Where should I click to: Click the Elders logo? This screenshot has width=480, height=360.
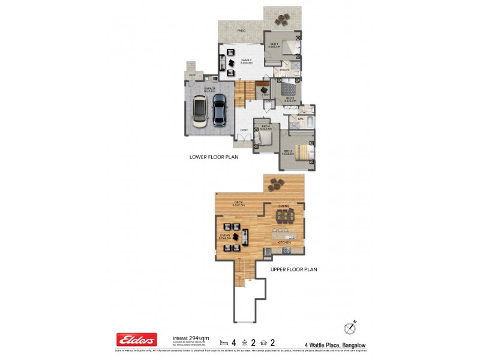136,340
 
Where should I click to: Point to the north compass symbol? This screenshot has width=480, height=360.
350,328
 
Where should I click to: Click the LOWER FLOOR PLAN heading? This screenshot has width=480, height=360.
214,158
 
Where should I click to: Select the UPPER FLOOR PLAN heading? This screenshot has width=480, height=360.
293,269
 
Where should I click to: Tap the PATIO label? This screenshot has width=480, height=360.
241,30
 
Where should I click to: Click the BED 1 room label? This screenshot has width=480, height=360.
274,44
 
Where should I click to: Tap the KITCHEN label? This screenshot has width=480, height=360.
284,242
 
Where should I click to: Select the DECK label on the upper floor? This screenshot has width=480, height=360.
238,203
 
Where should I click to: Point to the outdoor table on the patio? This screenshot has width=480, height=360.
280,20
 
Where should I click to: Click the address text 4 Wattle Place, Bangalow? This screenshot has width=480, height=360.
338,344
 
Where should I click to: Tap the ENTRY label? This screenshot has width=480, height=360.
244,130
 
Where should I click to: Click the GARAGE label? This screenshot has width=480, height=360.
209,88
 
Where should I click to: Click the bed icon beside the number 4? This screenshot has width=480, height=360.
224,342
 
